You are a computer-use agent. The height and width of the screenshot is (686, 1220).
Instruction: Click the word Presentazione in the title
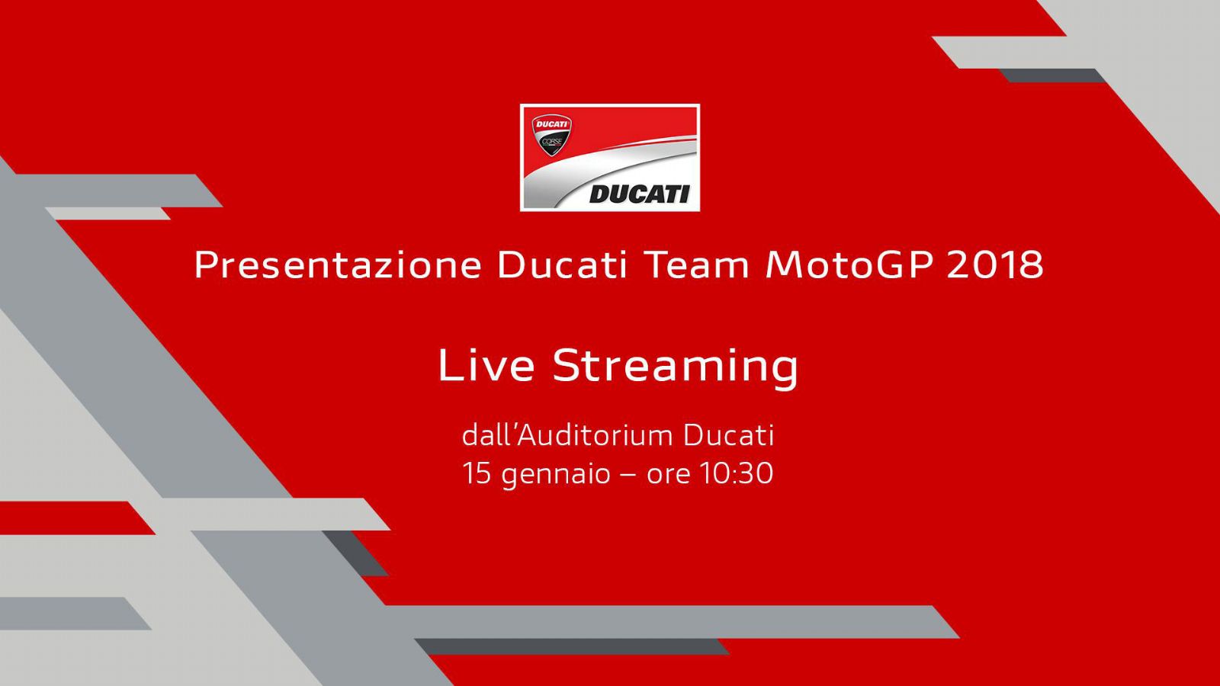(x=338, y=265)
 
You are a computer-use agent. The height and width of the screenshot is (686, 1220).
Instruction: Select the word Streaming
(x=676, y=366)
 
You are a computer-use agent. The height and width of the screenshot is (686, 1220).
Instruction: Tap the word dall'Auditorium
(x=567, y=435)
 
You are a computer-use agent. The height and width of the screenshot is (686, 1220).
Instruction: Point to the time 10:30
(x=737, y=473)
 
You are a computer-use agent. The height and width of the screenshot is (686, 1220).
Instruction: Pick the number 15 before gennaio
(x=477, y=473)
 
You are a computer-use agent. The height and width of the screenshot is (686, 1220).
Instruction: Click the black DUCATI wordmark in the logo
(x=639, y=194)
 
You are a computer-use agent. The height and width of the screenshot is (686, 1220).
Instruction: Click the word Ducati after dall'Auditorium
(x=729, y=435)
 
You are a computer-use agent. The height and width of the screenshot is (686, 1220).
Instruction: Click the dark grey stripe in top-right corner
(x=1052, y=75)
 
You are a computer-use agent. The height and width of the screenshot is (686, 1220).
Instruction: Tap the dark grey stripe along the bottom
(x=572, y=646)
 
